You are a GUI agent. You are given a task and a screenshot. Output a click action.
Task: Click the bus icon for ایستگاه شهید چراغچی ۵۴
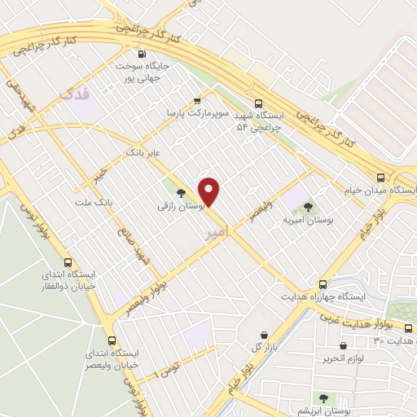(259, 103)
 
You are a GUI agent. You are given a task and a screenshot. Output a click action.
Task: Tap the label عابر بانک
(141, 151)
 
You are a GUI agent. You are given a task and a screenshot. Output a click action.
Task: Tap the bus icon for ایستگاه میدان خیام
(380, 177)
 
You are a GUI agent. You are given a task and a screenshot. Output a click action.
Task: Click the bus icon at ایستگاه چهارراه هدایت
(323, 285)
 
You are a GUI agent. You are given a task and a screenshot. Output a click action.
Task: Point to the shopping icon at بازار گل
(264, 336)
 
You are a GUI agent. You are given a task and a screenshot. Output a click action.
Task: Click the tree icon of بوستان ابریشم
(324, 399)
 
